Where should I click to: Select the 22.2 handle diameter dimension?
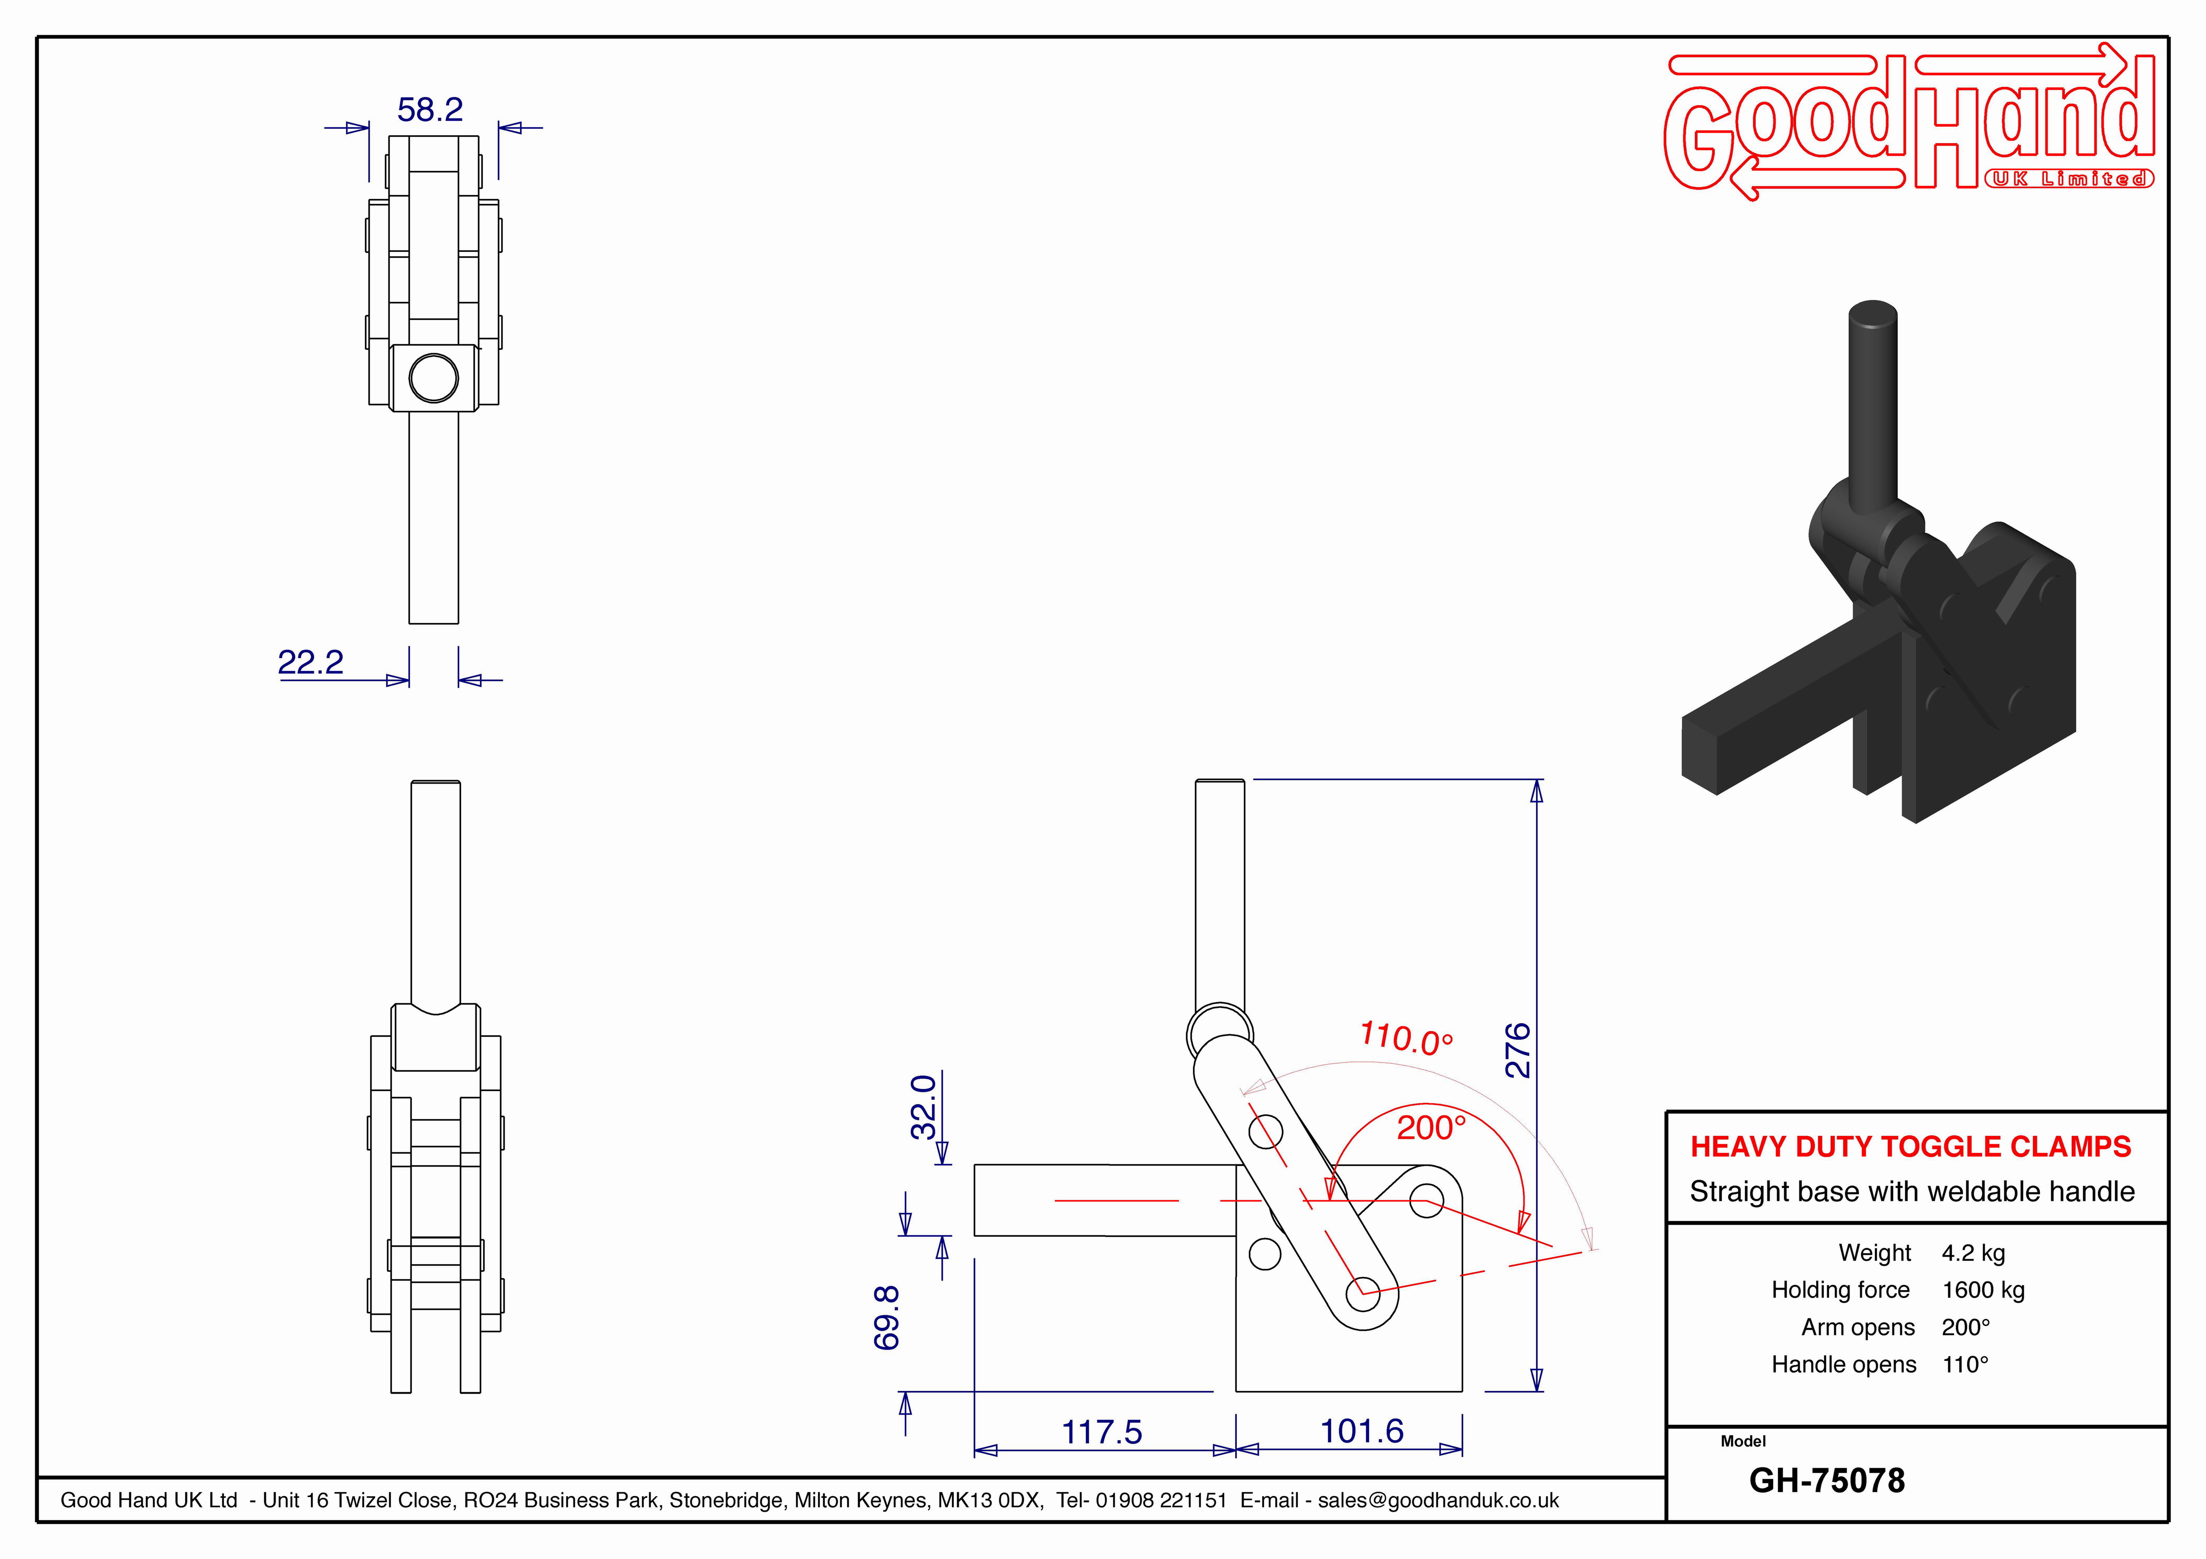tap(310, 662)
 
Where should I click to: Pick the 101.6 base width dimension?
tap(1362, 1431)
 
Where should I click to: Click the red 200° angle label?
tap(1431, 1128)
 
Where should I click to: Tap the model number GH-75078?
tap(1827, 1480)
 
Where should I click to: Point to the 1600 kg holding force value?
tap(1983, 1290)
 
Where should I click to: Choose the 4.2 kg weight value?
tap(1973, 1253)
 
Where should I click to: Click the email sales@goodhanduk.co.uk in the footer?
tap(1438, 1500)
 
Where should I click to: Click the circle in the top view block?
tap(433, 378)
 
